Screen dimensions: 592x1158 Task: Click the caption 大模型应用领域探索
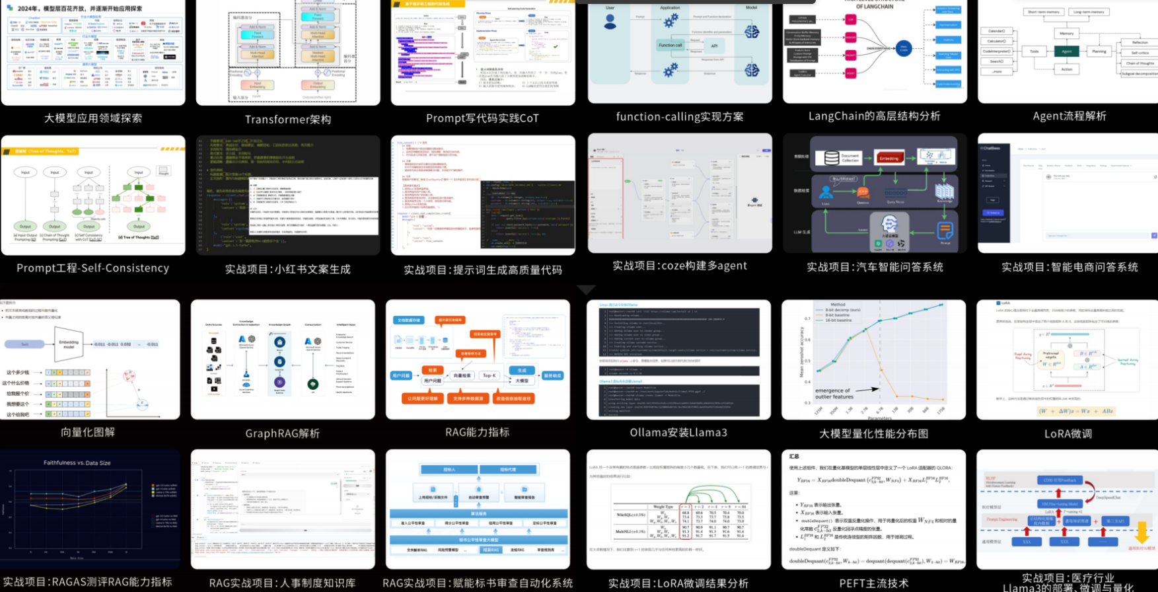(93, 118)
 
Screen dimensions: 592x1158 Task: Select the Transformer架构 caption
(288, 120)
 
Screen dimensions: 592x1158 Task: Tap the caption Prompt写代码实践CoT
(482, 118)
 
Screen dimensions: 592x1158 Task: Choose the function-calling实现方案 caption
(680, 117)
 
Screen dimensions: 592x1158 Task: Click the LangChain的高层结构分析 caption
(875, 116)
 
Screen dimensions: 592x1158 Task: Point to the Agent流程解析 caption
(1069, 116)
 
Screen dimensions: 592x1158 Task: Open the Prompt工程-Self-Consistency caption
(93, 268)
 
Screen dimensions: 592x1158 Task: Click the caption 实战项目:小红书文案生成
(288, 270)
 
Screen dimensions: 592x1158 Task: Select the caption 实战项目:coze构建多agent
(680, 266)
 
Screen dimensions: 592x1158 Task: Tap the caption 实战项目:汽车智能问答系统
(875, 267)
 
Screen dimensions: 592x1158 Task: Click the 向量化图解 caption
(88, 432)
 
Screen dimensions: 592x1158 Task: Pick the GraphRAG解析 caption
(283, 433)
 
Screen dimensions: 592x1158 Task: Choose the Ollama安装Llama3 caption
(678, 433)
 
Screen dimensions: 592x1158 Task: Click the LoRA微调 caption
(1068, 434)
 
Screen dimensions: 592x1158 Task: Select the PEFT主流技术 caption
(873, 583)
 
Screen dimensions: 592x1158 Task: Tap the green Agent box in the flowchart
(1067, 52)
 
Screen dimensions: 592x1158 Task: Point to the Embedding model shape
(69, 344)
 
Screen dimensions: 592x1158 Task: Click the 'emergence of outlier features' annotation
(834, 394)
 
